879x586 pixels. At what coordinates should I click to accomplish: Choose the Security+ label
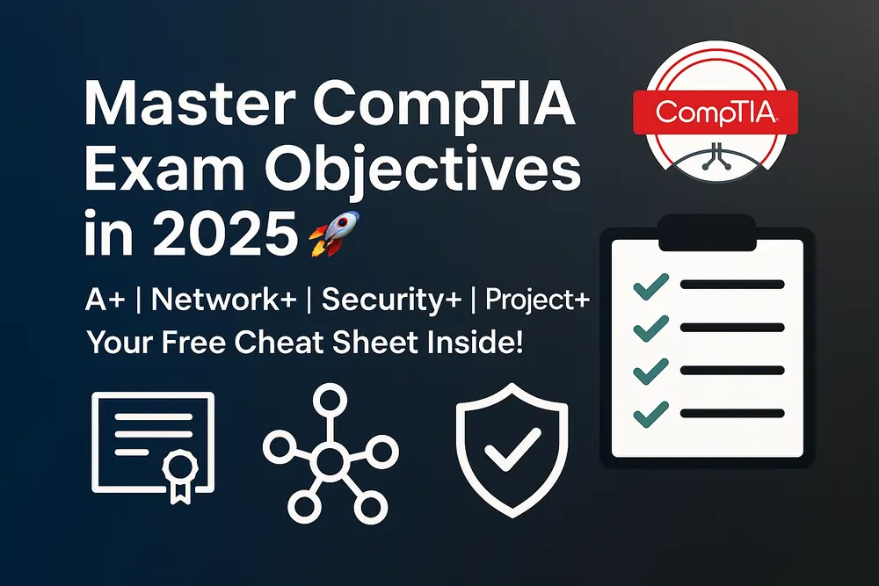[x=385, y=300]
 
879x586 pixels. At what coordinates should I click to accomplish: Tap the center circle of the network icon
[x=329, y=457]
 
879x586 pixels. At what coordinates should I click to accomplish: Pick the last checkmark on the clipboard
[x=651, y=411]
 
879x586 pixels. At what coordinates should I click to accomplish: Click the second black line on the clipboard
[x=731, y=328]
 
